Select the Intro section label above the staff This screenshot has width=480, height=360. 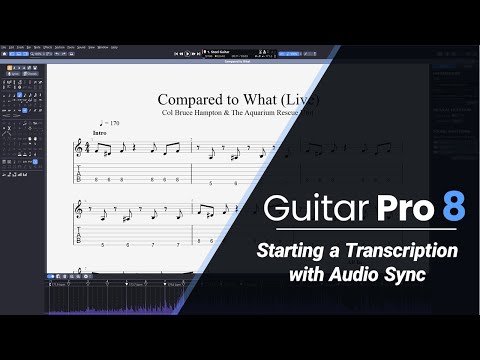pos(99,132)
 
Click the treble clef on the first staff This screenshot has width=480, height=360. pos(79,148)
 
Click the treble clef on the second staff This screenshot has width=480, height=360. pos(79,211)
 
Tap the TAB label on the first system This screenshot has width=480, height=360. pos(79,178)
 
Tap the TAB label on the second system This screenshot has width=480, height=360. pos(79,239)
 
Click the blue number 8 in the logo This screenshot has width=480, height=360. pos(453,207)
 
